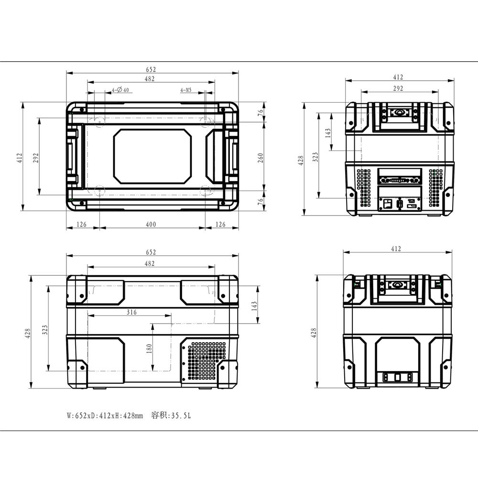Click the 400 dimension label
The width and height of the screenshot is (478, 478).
tap(151, 224)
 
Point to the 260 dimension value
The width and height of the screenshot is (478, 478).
tap(261, 158)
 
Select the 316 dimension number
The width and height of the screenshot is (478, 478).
tap(132, 312)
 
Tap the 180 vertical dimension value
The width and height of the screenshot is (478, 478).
tap(149, 348)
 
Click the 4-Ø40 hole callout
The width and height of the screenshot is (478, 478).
tap(120, 90)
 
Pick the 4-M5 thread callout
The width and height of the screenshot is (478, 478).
tap(186, 90)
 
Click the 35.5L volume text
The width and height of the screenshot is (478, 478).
tap(181, 415)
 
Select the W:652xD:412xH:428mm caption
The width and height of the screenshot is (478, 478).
tap(105, 415)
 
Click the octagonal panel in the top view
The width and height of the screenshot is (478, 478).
tap(152, 156)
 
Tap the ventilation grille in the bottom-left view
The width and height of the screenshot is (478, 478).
tap(206, 361)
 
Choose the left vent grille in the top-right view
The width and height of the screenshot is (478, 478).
tap(364, 188)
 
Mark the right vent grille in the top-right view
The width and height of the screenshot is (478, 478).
tap(435, 188)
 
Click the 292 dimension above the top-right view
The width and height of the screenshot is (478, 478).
tap(398, 88)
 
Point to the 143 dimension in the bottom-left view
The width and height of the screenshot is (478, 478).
tap(254, 306)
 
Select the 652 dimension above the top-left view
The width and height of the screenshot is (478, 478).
tap(151, 69)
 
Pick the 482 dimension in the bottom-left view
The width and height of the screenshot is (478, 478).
tap(150, 263)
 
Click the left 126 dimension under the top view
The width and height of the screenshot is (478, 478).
tap(81, 224)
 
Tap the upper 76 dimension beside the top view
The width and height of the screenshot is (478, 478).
tap(261, 112)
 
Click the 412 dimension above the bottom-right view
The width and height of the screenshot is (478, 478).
tap(396, 249)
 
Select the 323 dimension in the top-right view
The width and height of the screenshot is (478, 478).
tap(315, 157)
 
